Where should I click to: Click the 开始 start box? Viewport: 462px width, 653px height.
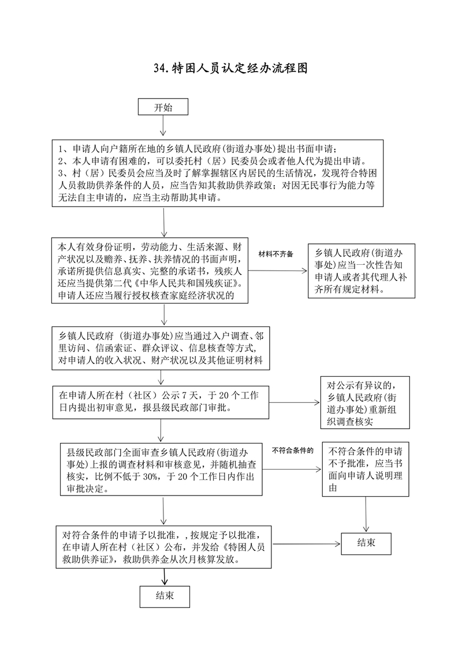point(162,107)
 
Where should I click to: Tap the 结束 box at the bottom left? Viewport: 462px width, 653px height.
point(165,596)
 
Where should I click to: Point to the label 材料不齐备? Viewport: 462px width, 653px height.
point(275,254)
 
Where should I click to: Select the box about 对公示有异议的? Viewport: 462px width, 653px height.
point(365,403)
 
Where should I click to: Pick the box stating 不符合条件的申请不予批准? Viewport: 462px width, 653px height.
point(366,470)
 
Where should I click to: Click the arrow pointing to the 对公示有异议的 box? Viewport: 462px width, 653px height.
point(295,403)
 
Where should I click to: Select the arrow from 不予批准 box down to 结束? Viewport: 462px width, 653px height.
point(366,513)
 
